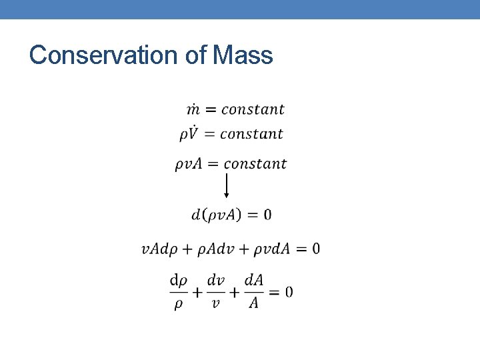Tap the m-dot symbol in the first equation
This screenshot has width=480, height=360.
point(193,109)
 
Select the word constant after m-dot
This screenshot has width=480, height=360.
point(253,109)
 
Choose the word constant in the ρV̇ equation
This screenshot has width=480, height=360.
point(251,133)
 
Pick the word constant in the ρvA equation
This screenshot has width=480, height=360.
point(255,164)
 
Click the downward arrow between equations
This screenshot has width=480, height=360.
point(227,185)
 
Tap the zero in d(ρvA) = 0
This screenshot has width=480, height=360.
point(267,215)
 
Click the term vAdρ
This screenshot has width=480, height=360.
point(159,249)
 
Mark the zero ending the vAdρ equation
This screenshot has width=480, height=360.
point(315,249)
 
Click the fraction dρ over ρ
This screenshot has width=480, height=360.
point(179,292)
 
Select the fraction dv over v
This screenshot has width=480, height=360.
point(215,292)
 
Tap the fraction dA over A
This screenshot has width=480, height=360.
point(253,292)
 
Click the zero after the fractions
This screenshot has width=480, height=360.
point(289,292)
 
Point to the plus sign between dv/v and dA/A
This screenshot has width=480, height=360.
point(235,292)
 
